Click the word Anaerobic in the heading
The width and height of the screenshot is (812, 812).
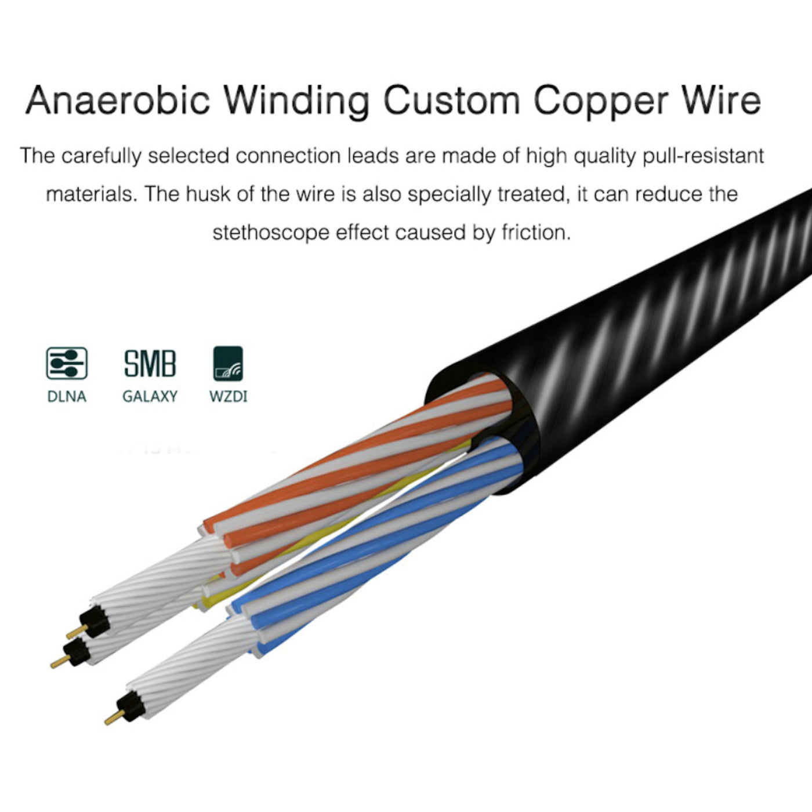tap(117, 99)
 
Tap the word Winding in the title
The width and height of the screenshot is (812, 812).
tap(296, 99)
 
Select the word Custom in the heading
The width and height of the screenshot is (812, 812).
tap(451, 99)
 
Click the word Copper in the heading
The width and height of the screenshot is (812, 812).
tap(600, 99)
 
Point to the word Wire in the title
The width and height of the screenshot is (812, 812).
tap(720, 99)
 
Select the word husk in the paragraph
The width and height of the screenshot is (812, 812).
tap(208, 194)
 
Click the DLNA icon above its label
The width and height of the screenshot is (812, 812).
tap(67, 364)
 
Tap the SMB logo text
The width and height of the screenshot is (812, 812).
tap(150, 364)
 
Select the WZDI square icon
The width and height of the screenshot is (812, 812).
tap(228, 364)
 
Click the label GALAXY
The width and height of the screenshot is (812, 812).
tap(150, 397)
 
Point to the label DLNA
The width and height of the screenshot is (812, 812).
tap(67, 397)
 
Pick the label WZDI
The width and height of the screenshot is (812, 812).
tap(228, 397)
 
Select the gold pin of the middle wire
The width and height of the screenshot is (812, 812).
tap(57, 662)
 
